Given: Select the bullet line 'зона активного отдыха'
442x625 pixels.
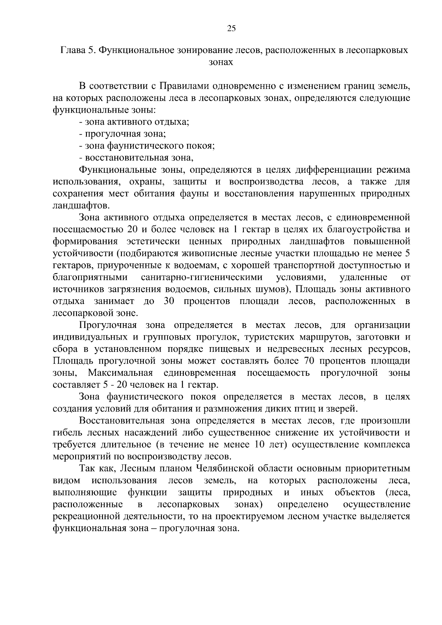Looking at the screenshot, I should tap(134, 122).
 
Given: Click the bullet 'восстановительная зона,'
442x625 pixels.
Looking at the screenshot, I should tap(137, 158).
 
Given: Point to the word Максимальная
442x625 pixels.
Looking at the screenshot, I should tap(120, 373).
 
